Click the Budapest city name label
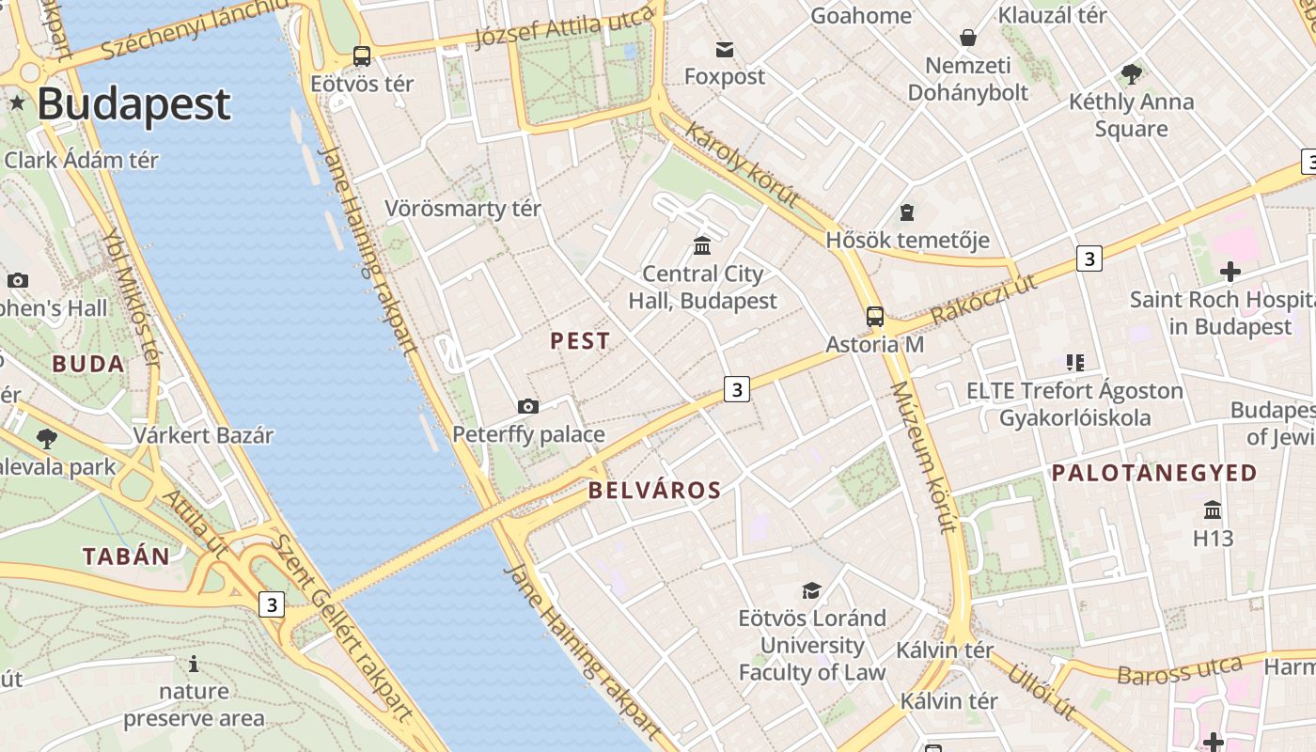coord(133,103)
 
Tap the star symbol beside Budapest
coord(17,102)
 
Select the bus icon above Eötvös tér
coord(362,56)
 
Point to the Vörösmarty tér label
coord(462,208)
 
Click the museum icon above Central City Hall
coord(702,246)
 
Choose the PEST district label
coord(580,341)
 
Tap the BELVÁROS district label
coord(654,490)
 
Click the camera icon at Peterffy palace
coord(528,406)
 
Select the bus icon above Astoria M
coord(875,316)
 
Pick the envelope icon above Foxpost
coord(725,49)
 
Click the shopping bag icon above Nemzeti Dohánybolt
coord(968,38)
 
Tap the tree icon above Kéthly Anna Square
coord(1132,73)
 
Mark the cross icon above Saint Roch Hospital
coord(1230,272)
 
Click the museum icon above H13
coord(1213,509)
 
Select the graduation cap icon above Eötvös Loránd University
coord(811,590)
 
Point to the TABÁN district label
coord(126,556)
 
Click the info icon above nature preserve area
coord(194,664)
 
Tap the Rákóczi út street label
coord(984,300)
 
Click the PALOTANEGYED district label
coord(1154,473)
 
